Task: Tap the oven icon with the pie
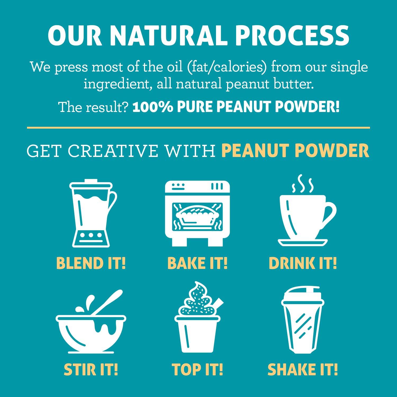pyautogui.click(x=197, y=213)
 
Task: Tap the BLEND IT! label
pyautogui.click(x=91, y=263)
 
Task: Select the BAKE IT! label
pyautogui.click(x=197, y=263)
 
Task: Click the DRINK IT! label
pyautogui.click(x=303, y=263)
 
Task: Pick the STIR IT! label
pyautogui.click(x=91, y=370)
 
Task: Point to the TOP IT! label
pyautogui.click(x=197, y=370)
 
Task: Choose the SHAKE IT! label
pyautogui.click(x=303, y=370)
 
